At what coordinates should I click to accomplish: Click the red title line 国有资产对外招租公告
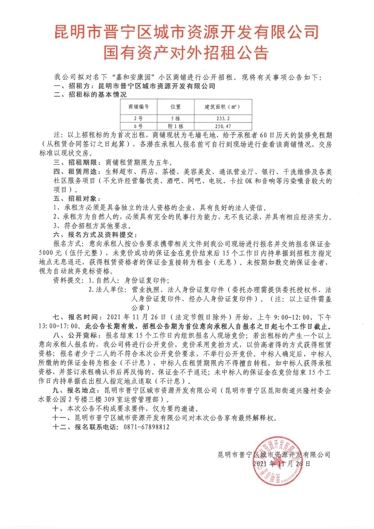point(187,52)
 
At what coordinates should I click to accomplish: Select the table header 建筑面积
point(215,106)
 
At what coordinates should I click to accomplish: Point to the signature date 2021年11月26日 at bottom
point(281,464)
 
